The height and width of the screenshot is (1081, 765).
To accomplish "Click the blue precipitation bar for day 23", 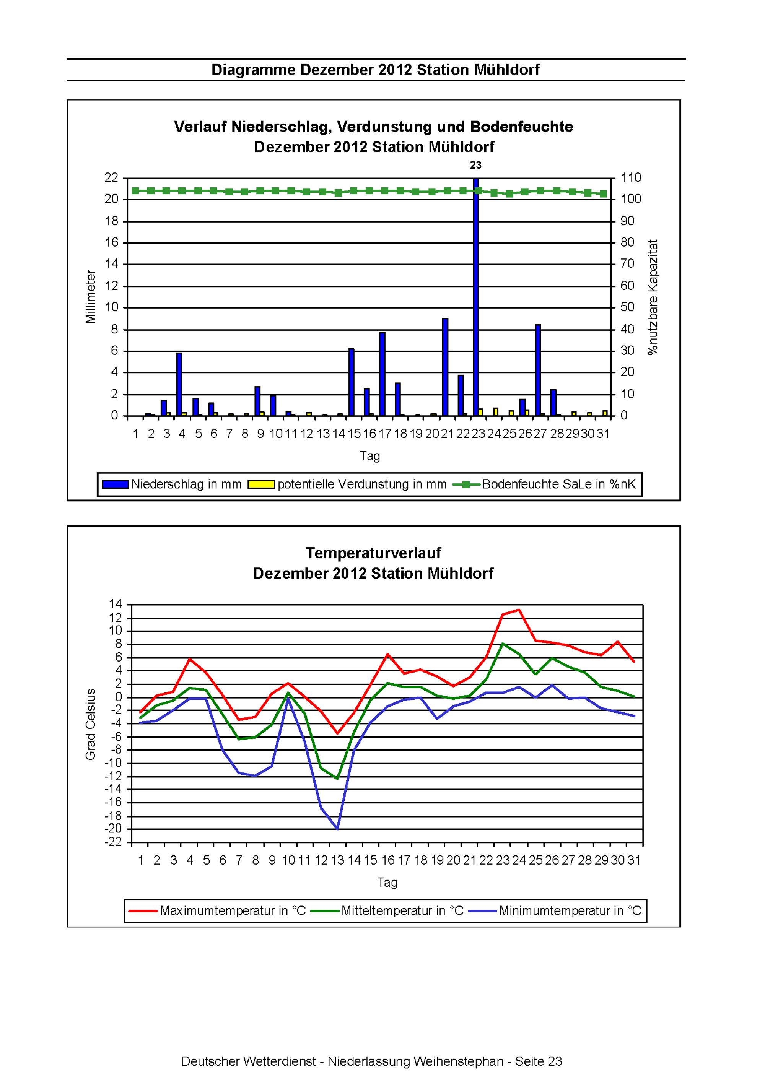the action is click(476, 297).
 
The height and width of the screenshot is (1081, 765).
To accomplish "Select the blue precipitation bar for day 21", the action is click(445, 367).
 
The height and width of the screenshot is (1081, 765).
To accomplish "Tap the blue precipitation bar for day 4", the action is click(179, 384).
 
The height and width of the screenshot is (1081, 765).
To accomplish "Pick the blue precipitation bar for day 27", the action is click(538, 370).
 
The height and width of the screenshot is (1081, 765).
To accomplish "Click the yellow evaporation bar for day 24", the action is click(496, 412).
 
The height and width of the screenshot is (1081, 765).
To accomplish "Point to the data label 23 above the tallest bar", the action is click(476, 165).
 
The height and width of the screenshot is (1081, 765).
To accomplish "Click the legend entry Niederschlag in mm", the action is click(172, 484).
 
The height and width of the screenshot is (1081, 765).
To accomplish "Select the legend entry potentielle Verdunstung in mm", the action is click(348, 484).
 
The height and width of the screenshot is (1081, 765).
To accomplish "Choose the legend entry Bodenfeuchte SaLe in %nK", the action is click(545, 484).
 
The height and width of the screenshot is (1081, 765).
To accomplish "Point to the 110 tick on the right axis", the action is click(631, 177).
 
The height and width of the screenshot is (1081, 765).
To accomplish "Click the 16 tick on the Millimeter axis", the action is click(112, 242).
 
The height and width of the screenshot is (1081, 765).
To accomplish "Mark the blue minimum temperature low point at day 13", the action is click(337, 828).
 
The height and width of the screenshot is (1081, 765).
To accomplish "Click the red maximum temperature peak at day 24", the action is click(519, 610).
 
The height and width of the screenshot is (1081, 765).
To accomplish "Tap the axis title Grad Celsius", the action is click(90, 724).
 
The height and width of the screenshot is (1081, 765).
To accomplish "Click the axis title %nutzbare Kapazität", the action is click(653, 297).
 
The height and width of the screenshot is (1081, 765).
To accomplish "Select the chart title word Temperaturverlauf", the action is click(374, 553).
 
